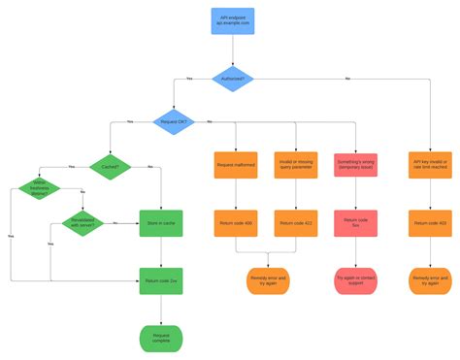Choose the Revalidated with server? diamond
click(x=82, y=222)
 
